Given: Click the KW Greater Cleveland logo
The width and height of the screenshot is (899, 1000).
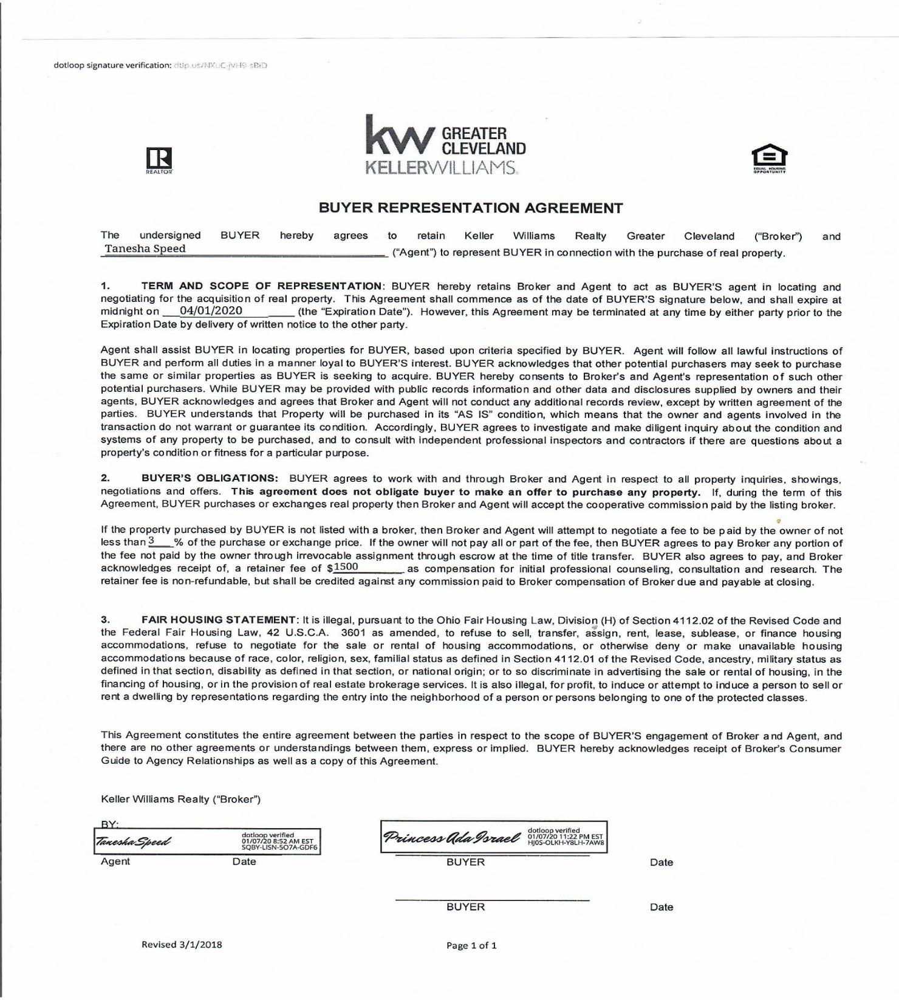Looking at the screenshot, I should tap(445, 145).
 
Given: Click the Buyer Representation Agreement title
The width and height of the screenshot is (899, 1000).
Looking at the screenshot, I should tap(471, 208).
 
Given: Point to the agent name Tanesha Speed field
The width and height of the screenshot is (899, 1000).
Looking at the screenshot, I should tap(145, 249).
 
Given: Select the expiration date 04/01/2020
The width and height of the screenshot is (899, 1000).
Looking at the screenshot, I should tap(211, 311).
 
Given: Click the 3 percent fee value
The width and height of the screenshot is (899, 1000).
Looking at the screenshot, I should tap(152, 541).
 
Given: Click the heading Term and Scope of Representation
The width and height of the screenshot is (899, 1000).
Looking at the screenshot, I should tap(262, 286).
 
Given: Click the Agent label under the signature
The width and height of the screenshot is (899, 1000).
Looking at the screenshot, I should tap(115, 861).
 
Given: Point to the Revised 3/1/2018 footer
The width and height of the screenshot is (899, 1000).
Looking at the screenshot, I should tap(182, 944).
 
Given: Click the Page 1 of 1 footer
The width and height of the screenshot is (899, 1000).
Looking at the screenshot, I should tap(471, 945).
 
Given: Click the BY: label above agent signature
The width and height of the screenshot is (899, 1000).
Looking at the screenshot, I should tap(109, 824).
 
